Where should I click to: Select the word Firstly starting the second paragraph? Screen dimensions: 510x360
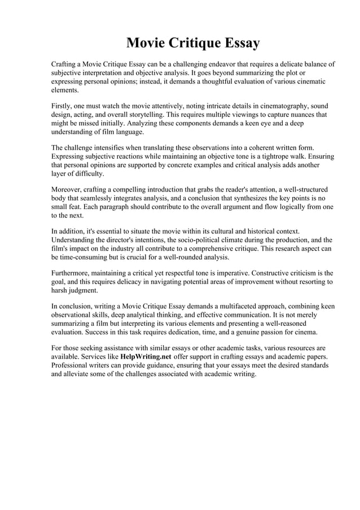63,106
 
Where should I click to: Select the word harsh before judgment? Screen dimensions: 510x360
60,290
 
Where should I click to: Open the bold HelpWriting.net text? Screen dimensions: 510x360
146,357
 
